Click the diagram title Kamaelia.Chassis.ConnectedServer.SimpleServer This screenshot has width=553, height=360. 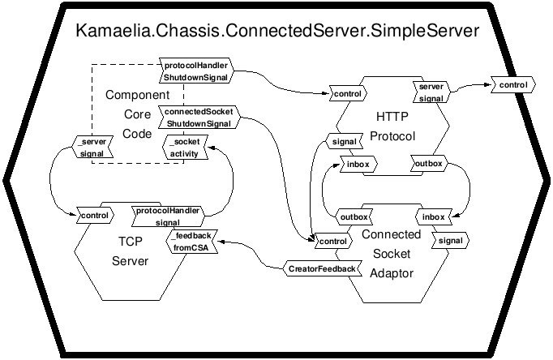click(x=277, y=31)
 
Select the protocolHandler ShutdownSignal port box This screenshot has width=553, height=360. click(x=196, y=71)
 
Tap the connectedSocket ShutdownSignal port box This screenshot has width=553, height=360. click(x=199, y=117)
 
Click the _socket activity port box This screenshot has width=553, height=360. click(x=185, y=148)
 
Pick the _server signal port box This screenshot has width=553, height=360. click(x=92, y=147)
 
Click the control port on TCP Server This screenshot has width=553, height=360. click(x=95, y=216)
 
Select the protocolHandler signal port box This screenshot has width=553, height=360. click(x=168, y=216)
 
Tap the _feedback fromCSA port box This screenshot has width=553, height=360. click(x=192, y=241)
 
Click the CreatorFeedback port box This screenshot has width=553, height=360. click(x=323, y=268)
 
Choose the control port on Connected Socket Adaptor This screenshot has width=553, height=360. click(x=333, y=241)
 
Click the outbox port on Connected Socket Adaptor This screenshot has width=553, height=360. click(x=354, y=216)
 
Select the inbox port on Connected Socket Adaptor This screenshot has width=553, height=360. click(x=434, y=216)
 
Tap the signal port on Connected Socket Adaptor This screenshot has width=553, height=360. click(x=451, y=241)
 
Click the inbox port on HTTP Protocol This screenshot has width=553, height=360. click(x=358, y=164)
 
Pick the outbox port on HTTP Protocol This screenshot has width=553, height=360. click(x=429, y=163)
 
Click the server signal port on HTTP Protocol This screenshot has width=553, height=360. click(x=431, y=92)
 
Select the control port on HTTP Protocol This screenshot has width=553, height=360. click(x=348, y=94)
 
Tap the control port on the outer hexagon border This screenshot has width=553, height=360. click(x=513, y=85)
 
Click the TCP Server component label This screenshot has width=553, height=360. click(x=130, y=251)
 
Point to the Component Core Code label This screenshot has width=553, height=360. click(x=138, y=114)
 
